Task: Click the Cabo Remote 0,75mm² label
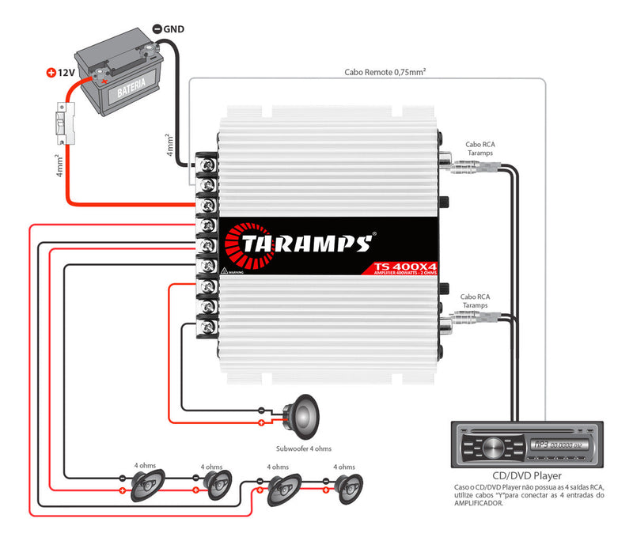pyautogui.click(x=385, y=71)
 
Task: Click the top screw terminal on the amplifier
pyautogui.click(x=209, y=165)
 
